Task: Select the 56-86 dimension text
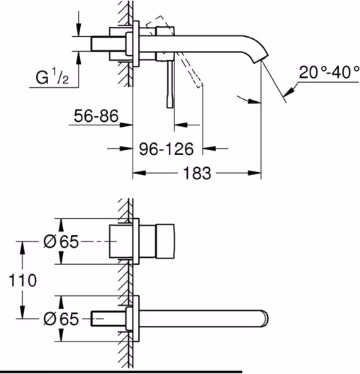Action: point(96,116)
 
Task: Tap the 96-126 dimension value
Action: point(167,149)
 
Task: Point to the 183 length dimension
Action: point(197,173)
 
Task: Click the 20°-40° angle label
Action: point(329,72)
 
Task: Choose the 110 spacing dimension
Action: point(23,280)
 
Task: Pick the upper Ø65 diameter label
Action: point(61,242)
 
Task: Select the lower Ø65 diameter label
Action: point(61,319)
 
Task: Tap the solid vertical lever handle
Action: point(170,84)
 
